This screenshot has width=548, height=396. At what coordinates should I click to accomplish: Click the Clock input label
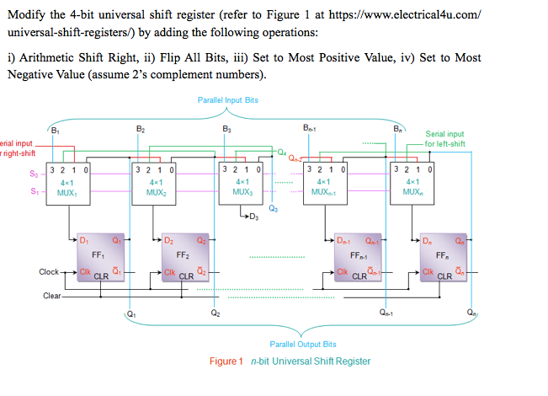49,272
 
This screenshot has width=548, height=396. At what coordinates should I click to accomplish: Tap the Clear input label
51,295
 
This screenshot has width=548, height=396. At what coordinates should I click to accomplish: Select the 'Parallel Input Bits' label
227,100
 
